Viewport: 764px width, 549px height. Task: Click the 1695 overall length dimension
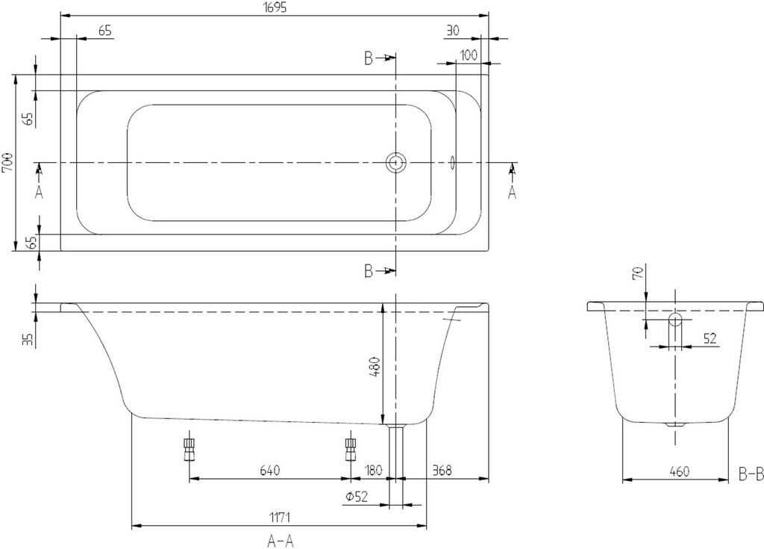pos(274,7)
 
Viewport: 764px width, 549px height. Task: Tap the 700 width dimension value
pos(7,164)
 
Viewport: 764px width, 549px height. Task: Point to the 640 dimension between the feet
pos(269,471)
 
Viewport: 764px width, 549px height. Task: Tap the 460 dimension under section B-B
pos(678,471)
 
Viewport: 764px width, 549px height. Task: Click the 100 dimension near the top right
pos(469,55)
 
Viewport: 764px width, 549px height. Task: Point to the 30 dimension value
pos(452,31)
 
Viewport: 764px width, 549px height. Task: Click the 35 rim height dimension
pos(28,340)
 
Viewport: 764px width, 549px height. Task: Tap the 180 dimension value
pos(373,471)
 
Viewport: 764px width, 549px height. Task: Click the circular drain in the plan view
pos(395,162)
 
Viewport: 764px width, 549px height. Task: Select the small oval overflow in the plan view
pos(451,162)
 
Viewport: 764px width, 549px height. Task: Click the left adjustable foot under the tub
pos(189,450)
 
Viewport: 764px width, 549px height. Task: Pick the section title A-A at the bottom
pos(281,542)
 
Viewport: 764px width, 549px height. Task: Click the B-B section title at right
pos(750,474)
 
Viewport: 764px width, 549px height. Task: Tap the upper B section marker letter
pos(369,59)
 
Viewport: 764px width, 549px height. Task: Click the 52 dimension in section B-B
pos(709,338)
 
